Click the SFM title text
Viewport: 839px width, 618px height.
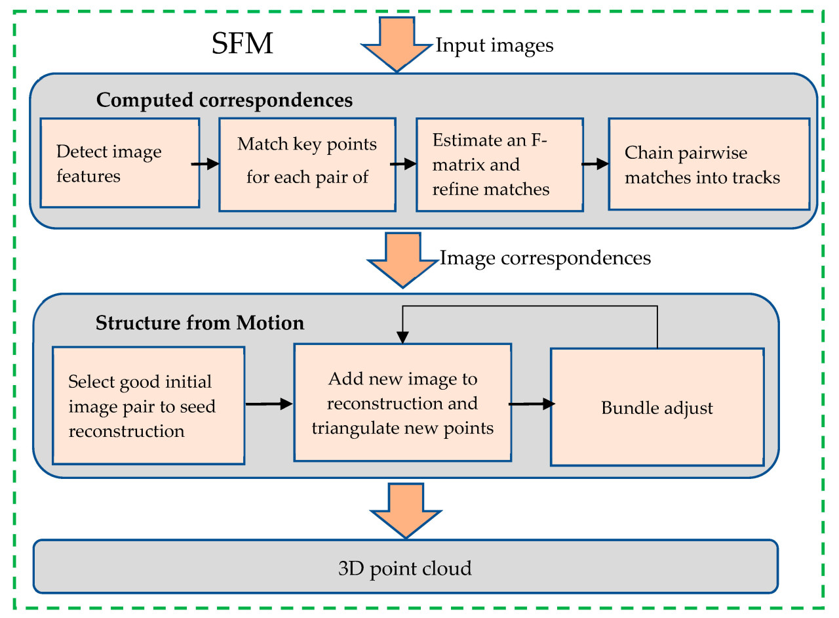pyautogui.click(x=242, y=45)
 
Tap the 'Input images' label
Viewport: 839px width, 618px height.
pyautogui.click(x=495, y=45)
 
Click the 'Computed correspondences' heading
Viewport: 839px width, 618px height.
pyautogui.click(x=224, y=100)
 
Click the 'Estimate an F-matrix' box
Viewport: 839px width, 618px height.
pyautogui.click(x=499, y=164)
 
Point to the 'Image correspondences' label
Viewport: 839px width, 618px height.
pyautogui.click(x=545, y=257)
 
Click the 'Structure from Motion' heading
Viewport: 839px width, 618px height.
pyautogui.click(x=200, y=323)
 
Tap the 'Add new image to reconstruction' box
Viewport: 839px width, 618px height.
pyautogui.click(x=402, y=403)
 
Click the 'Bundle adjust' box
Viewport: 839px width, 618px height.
pyautogui.click(x=657, y=407)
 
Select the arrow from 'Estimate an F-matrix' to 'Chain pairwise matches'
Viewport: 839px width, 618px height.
pyautogui.click(x=595, y=164)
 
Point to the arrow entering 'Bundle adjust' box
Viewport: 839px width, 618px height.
pyautogui.click(x=530, y=405)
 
